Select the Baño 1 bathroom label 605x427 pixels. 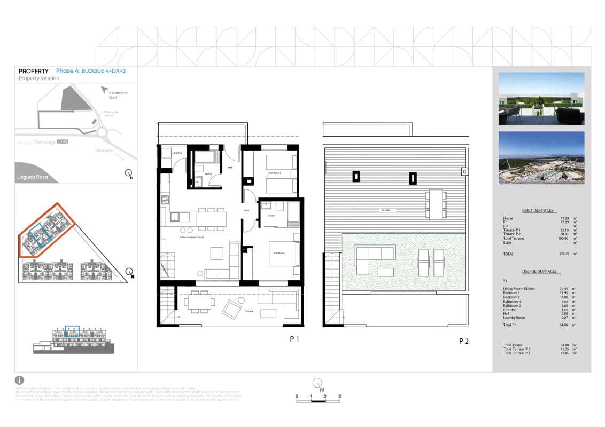tap(272, 215)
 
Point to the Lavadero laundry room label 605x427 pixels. tap(177, 153)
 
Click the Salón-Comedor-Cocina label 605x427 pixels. tap(191, 237)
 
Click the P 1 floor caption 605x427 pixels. tap(294, 339)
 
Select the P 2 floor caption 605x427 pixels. tap(463, 341)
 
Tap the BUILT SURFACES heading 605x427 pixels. tap(537, 210)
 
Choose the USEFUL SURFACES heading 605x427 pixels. tap(539, 271)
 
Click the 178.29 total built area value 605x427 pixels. tap(565, 254)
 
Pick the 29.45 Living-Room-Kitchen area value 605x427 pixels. tap(564, 289)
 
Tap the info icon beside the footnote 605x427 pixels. tap(20, 380)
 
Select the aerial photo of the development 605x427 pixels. tap(541, 158)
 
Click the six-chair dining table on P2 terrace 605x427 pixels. tap(436, 204)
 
